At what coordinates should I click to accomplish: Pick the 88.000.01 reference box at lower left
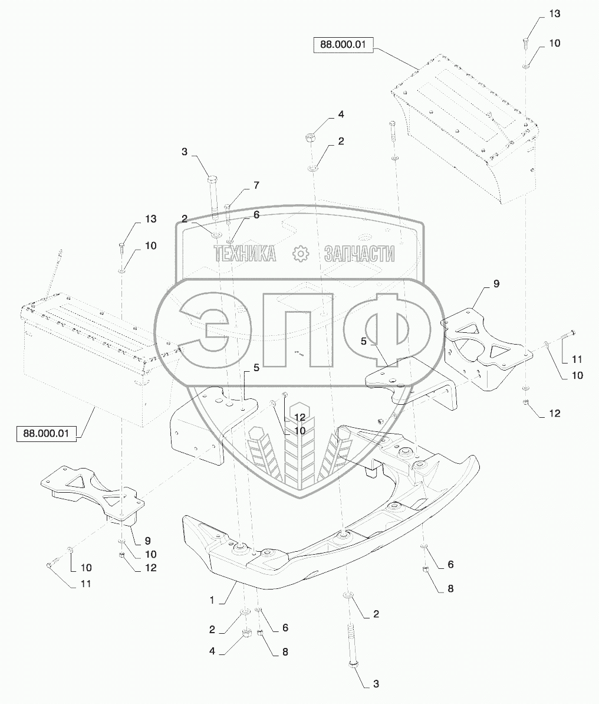pos(47,434)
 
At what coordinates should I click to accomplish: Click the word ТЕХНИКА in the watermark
pos(245,254)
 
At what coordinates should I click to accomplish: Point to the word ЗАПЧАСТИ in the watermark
pos(359,254)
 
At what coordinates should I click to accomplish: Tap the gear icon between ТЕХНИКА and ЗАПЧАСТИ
pos(301,254)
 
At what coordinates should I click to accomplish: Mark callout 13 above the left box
pos(151,219)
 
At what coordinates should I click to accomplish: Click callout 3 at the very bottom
pos(375,685)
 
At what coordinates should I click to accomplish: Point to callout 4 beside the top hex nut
pos(340,114)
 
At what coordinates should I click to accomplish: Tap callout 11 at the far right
pos(577,359)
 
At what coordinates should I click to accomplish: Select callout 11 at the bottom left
pos(86,584)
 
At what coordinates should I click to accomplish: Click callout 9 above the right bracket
pos(496,284)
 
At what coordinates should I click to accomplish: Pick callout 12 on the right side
pos(554,414)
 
